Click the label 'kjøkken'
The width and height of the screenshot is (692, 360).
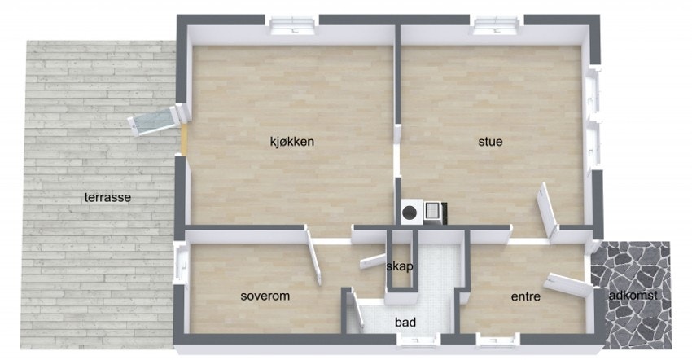coord(291,142)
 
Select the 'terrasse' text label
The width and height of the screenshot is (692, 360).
coord(107,197)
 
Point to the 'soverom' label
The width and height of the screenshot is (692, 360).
coord(265,296)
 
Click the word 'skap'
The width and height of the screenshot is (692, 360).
coord(400,266)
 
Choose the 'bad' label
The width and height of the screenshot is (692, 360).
coord(405,323)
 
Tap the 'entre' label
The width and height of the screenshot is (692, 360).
coord(526,297)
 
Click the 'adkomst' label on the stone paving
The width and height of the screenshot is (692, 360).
coord(633,295)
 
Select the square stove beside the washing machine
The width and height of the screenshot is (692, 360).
coord(434,212)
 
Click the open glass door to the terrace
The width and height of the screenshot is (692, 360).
coord(155,121)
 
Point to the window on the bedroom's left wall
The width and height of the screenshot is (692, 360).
coord(178,266)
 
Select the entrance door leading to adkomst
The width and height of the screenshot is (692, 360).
coord(570,284)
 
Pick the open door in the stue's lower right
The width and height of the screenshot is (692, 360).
coord(545,209)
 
